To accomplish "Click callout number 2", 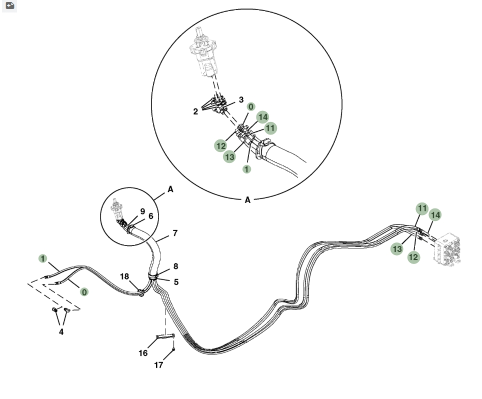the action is [x=195, y=111].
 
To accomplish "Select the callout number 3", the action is [x=241, y=99].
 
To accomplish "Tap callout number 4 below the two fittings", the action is [x=61, y=332].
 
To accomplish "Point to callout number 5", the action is [x=176, y=282].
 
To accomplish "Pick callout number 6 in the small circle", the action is [x=150, y=216].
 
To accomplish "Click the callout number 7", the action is [x=175, y=233].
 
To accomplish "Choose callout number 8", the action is [x=176, y=266].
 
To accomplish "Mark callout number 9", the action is [x=142, y=211].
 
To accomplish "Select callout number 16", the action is [x=143, y=353].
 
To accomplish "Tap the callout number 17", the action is [x=158, y=365].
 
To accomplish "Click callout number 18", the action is [x=124, y=276].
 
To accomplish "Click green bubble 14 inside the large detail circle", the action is [x=262, y=117].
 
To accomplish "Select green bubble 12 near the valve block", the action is [x=413, y=257].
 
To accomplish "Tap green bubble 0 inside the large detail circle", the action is [x=251, y=106].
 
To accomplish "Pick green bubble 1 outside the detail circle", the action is [x=42, y=258].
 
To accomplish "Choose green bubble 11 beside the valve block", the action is [x=422, y=208].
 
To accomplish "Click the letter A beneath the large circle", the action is [x=247, y=200].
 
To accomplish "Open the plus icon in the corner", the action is [x=10, y=5].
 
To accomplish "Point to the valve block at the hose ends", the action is [x=447, y=249].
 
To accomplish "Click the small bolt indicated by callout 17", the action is [x=173, y=349].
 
